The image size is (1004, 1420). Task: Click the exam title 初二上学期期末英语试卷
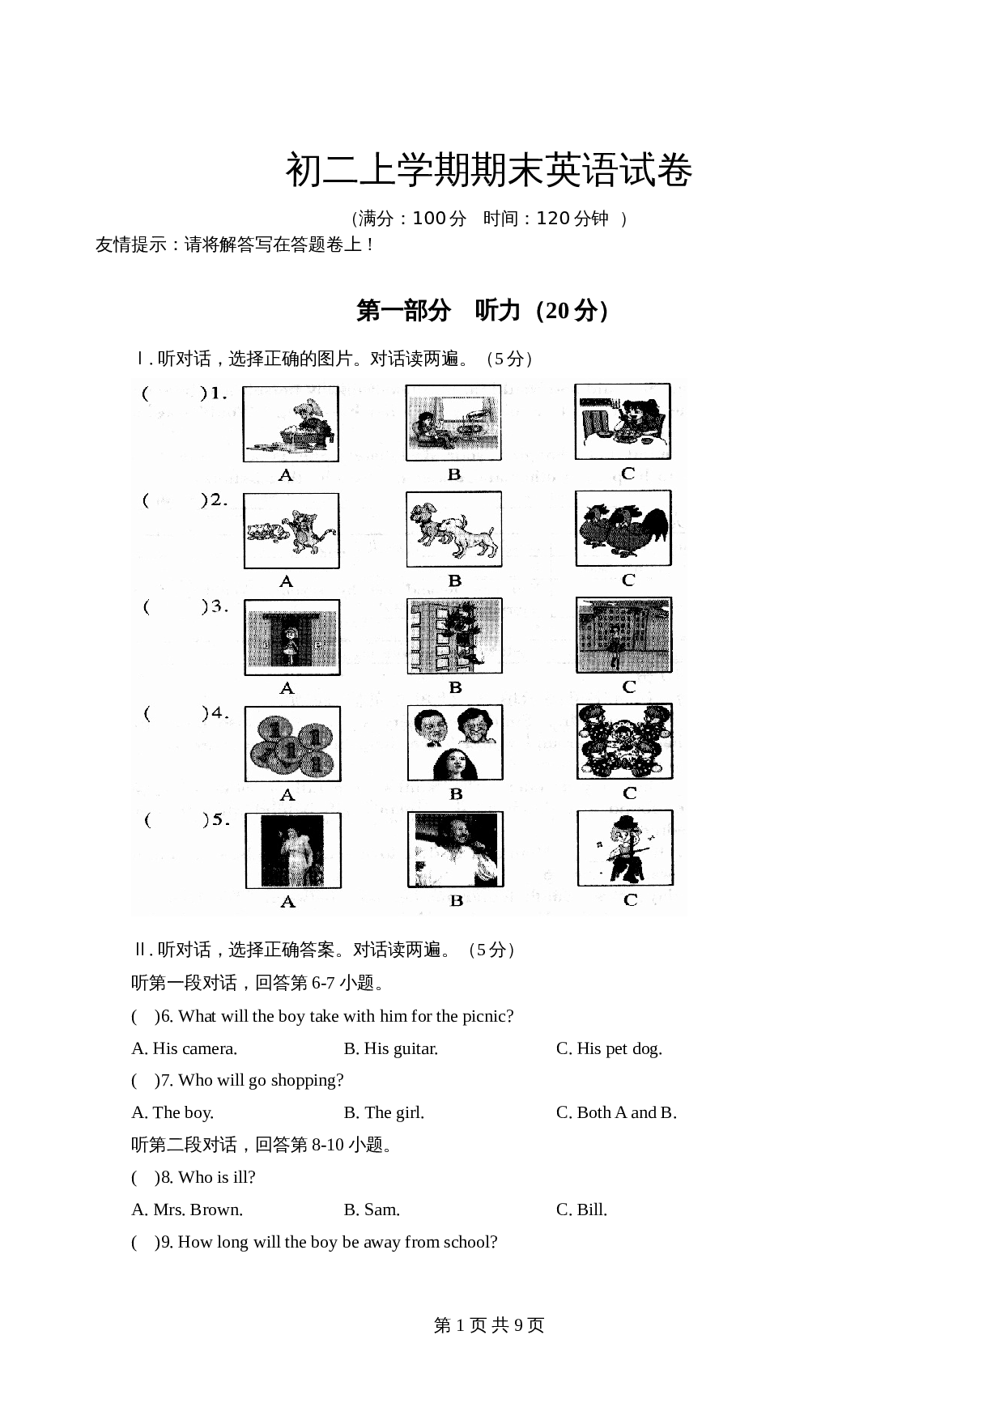click(488, 171)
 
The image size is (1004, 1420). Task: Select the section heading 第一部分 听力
click(483, 311)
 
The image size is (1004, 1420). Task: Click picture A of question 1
click(291, 423)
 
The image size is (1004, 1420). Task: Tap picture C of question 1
click(623, 422)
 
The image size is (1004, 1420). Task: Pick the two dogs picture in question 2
click(454, 529)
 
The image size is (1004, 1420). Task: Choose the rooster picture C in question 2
click(623, 528)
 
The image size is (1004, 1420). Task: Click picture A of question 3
click(292, 637)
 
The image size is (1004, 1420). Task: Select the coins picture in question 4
click(293, 743)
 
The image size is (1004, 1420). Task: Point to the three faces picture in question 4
click(455, 742)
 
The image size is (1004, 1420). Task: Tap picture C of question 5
click(625, 848)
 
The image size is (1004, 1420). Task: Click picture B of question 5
click(455, 849)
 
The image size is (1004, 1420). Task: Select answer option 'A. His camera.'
click(185, 1048)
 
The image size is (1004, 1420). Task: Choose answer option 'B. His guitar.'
click(391, 1048)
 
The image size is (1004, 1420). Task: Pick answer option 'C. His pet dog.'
click(609, 1048)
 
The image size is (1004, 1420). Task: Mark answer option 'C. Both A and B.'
click(616, 1112)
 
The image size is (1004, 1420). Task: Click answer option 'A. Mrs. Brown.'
click(187, 1210)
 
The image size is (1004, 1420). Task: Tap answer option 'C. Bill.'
click(581, 1210)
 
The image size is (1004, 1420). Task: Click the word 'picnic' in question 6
click(486, 1016)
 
